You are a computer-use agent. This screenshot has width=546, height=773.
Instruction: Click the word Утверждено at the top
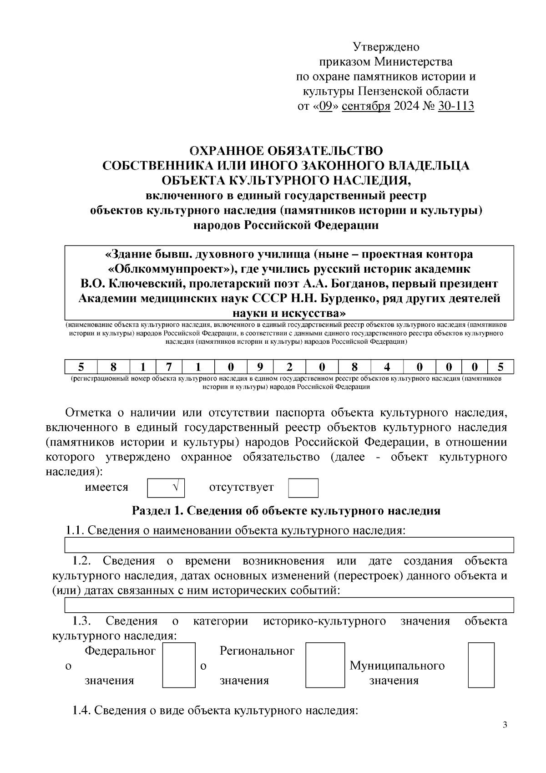[386, 47]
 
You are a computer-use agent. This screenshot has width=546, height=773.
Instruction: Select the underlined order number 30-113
[456, 106]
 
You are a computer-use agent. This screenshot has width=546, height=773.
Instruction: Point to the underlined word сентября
[366, 106]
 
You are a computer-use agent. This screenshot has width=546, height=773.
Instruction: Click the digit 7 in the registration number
[168, 366]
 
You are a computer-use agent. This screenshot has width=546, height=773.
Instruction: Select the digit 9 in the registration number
[260, 366]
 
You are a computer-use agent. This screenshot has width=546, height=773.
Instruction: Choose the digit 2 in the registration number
[289, 366]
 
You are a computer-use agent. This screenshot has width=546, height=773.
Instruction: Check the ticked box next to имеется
[166, 488]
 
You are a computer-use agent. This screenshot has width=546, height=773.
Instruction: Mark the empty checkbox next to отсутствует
[303, 488]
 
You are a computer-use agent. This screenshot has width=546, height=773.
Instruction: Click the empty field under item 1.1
[289, 544]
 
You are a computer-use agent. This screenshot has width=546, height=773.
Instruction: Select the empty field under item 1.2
[289, 605]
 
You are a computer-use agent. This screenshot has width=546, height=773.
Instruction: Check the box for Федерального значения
[179, 665]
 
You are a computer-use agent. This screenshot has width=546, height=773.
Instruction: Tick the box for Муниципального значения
[481, 665]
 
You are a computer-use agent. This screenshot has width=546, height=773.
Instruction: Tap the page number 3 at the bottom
[505, 725]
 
